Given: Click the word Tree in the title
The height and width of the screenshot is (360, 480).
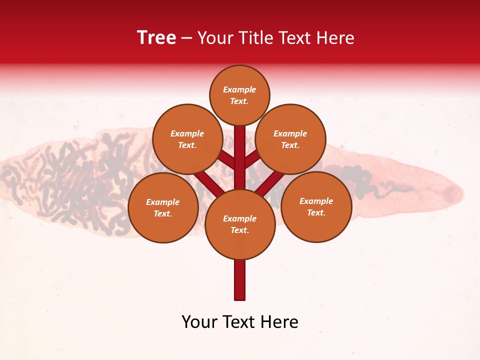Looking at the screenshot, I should [156, 38].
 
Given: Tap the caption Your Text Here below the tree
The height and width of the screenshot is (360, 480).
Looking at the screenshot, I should [240, 322].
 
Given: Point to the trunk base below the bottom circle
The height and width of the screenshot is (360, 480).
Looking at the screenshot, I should [240, 280].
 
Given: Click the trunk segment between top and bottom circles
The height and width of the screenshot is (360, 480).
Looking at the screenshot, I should [240, 150].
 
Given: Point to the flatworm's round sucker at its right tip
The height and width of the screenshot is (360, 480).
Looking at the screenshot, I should [453, 192].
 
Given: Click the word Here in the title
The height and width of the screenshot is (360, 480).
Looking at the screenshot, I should [336, 38].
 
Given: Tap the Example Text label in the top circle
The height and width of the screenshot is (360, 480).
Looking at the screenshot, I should [239, 95].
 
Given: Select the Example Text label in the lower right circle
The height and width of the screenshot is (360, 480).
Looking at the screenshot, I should [316, 206].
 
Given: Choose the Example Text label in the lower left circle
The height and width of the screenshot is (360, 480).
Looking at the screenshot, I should [162, 207].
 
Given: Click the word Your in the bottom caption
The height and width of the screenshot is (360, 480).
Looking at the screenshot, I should [199, 322].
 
